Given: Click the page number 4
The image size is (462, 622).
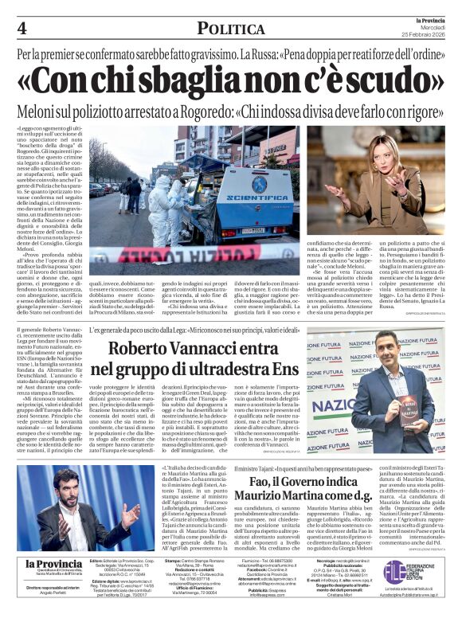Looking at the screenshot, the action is (x=22, y=28).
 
